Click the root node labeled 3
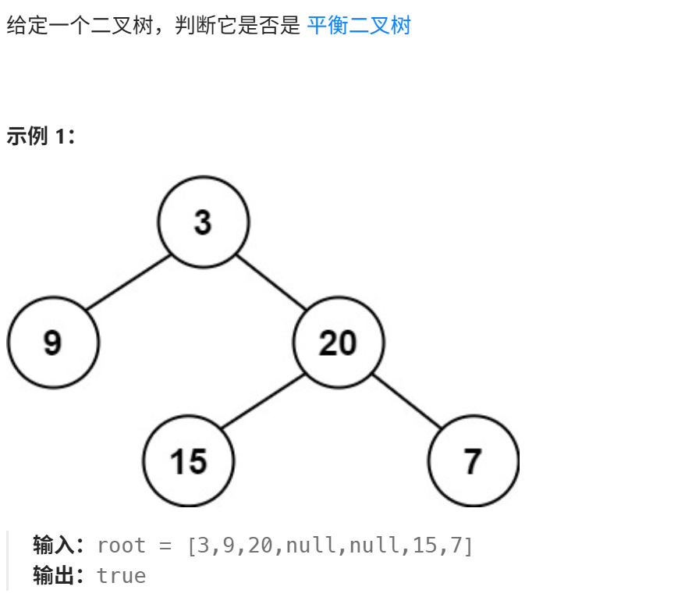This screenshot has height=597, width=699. coord(204,222)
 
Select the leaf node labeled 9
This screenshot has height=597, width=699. coord(53,343)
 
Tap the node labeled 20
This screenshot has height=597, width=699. coord(339,343)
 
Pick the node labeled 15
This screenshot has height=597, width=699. coord(189,461)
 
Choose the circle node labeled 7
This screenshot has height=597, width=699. coord(473,461)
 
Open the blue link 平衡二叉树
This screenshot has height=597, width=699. coord(359,26)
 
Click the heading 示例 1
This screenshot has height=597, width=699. coord(39,137)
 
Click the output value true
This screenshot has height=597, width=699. coord(121,576)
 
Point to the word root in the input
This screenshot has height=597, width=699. coord(121,545)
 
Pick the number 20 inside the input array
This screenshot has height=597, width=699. coord(261,545)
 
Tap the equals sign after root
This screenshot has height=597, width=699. coord(164,545)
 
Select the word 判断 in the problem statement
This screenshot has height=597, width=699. coord(195,26)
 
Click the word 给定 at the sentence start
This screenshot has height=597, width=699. coord(23,26)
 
